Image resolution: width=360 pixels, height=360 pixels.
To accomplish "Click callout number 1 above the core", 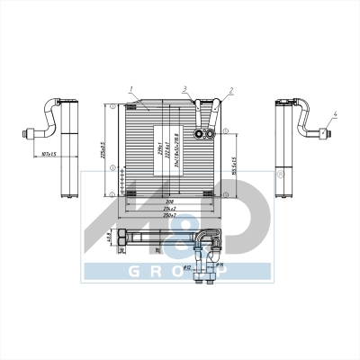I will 131,89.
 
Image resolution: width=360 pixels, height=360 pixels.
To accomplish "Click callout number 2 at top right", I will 231,90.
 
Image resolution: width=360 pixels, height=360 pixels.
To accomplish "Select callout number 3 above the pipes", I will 184,89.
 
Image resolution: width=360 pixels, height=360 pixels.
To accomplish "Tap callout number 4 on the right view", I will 335,114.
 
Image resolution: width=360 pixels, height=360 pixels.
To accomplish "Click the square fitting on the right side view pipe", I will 321,132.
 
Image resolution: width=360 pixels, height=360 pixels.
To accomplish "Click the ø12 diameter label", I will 186,267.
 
